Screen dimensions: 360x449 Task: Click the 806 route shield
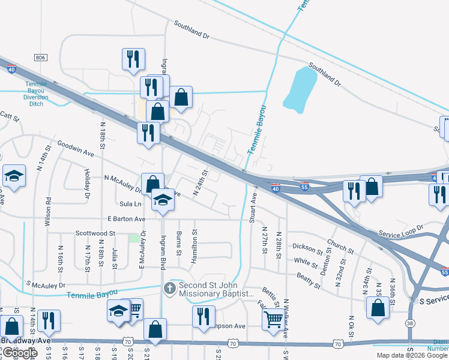(x=40, y=57)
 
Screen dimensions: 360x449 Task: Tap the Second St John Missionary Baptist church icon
(x=170, y=289)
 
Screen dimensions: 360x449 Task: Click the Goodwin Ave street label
(x=76, y=149)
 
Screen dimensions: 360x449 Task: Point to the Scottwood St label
(x=95, y=233)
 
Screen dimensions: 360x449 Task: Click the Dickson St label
(x=307, y=246)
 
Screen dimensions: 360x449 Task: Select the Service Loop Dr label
(x=400, y=232)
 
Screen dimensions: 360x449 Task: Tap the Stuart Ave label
(x=253, y=208)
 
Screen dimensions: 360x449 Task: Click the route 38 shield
(x=410, y=323)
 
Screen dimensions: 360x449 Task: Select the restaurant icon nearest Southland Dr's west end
(x=133, y=59)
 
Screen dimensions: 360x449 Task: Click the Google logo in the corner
(x=19, y=353)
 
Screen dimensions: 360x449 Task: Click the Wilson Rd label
(x=47, y=211)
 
